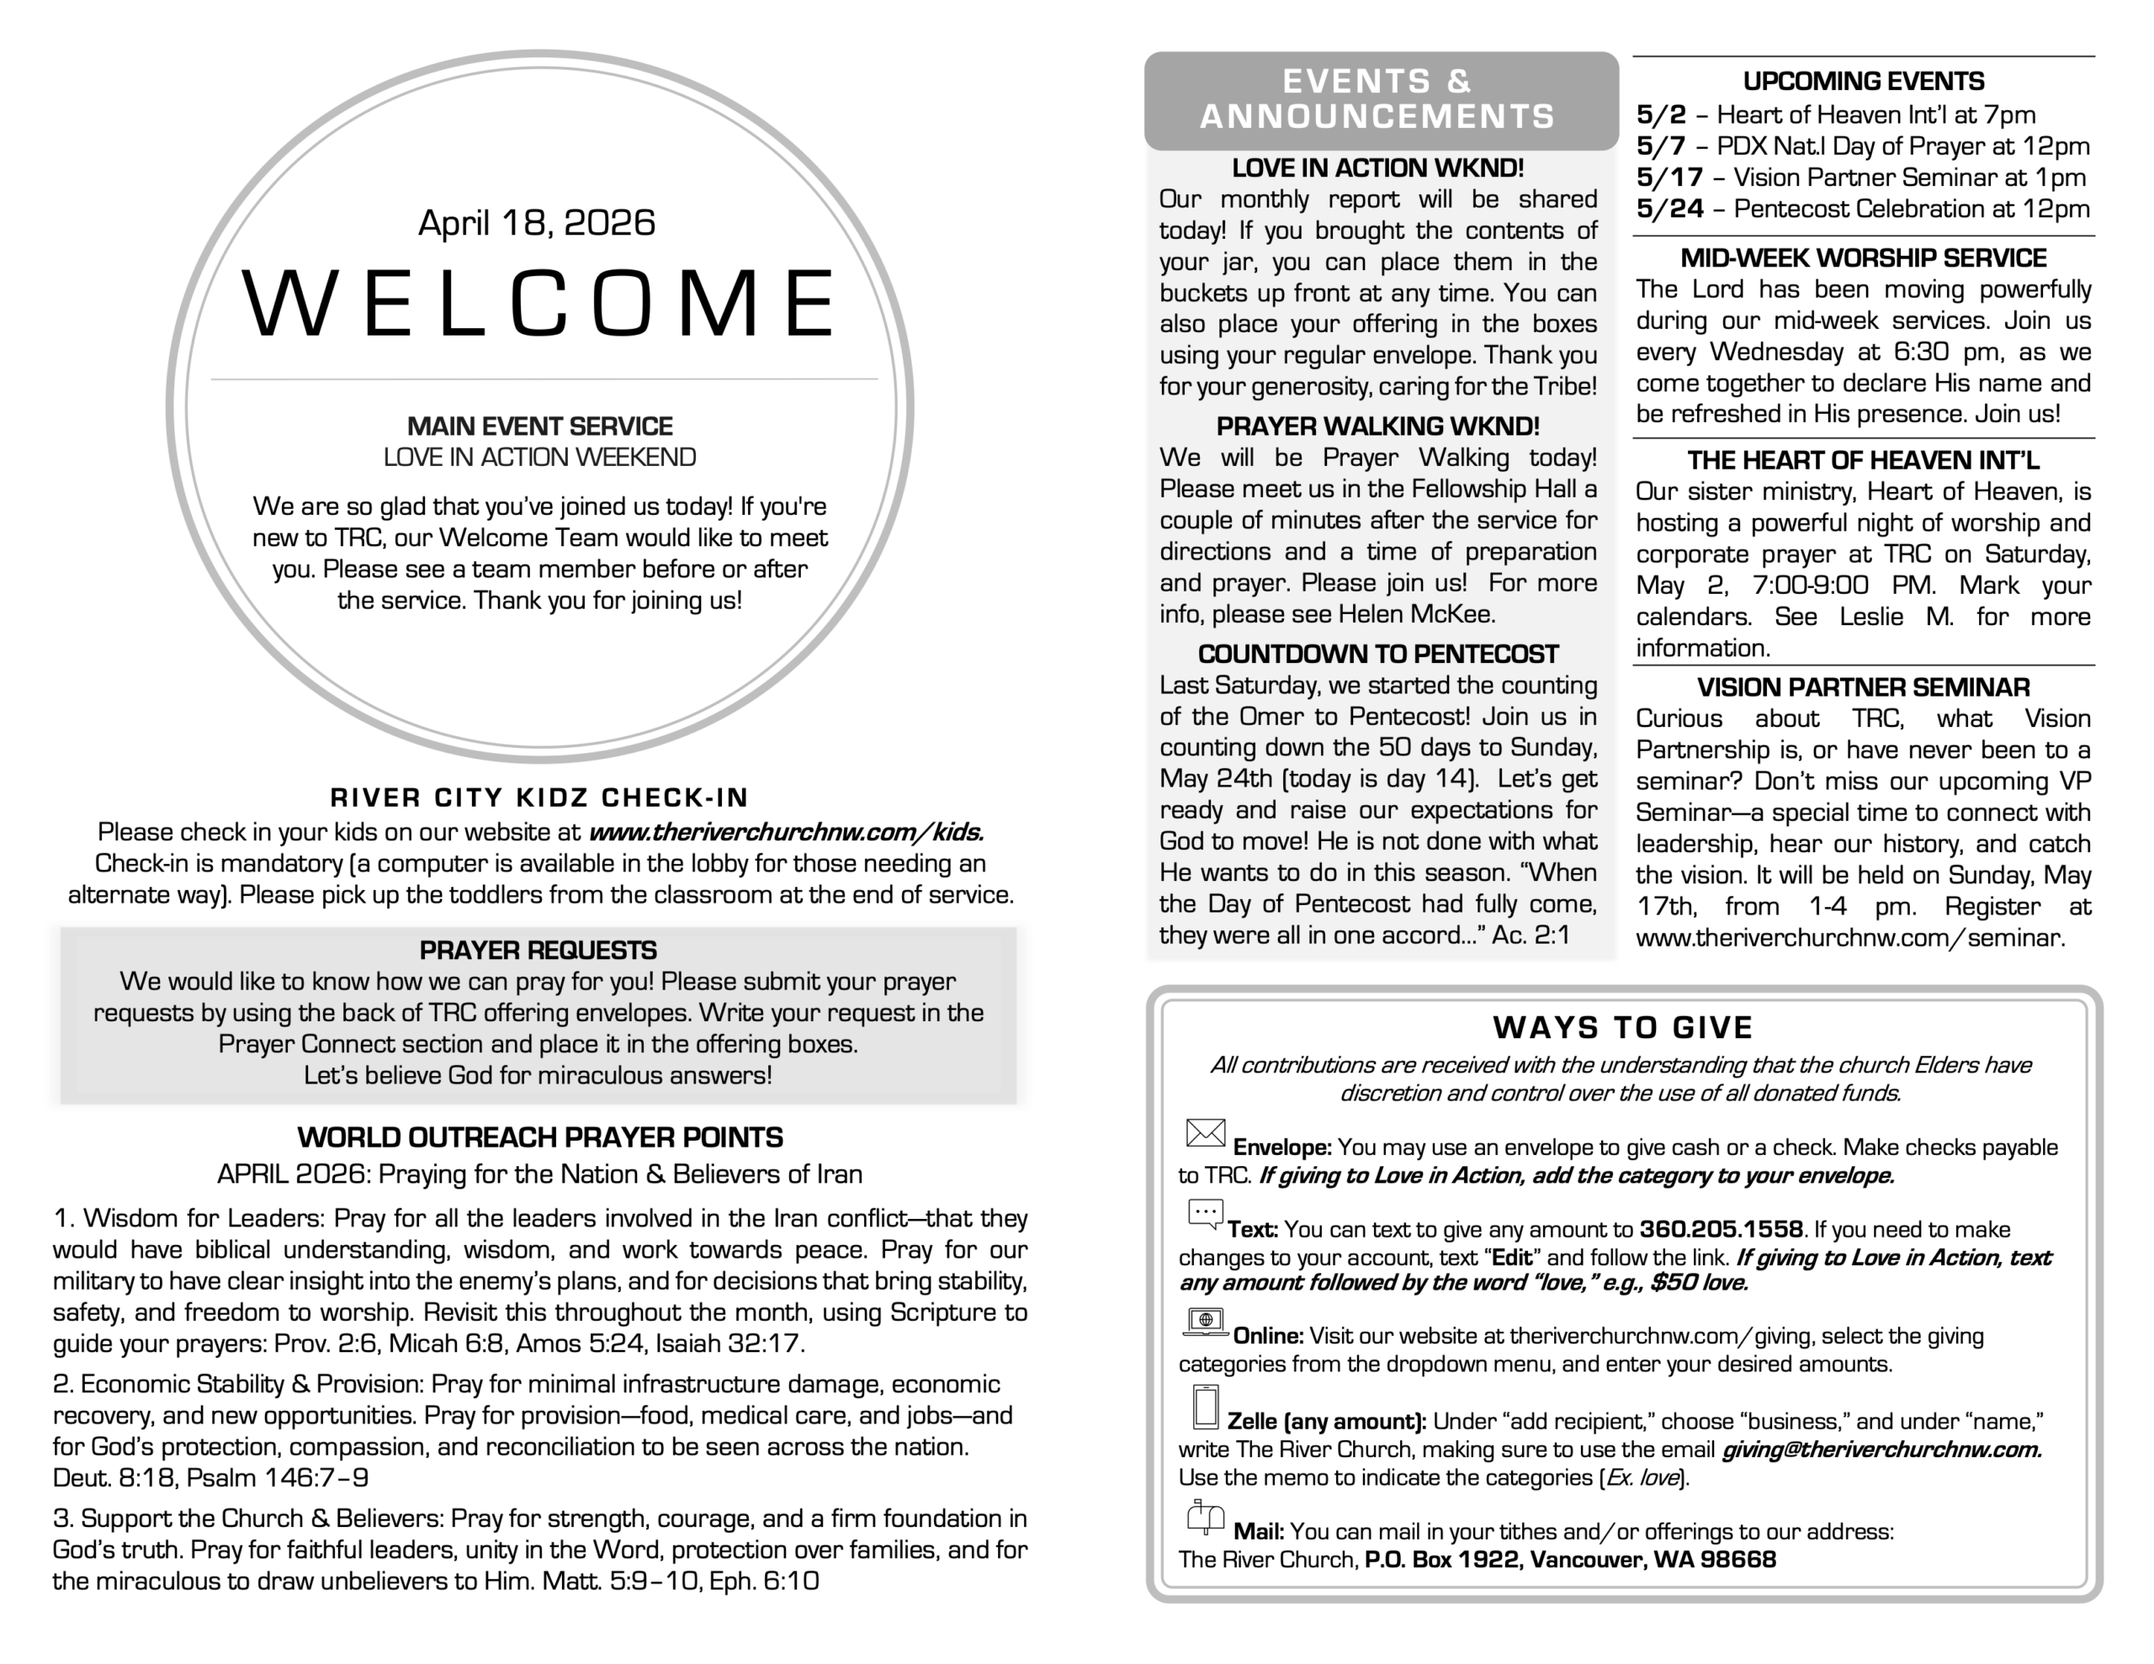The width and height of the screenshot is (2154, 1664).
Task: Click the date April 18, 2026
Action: [x=537, y=223]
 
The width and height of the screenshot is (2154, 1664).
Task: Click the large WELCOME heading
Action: [x=539, y=303]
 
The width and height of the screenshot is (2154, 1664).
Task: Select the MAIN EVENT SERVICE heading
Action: [x=539, y=427]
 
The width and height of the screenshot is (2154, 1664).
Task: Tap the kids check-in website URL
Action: [x=786, y=831]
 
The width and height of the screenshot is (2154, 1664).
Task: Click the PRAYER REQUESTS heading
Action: [x=538, y=950]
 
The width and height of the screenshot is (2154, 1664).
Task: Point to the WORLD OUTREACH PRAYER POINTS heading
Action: [x=539, y=1137]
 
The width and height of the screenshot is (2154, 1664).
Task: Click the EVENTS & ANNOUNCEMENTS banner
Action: [x=1378, y=98]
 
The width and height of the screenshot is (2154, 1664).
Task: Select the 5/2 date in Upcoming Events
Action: [x=1661, y=114]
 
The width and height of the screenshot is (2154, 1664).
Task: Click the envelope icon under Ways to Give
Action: [x=1205, y=1133]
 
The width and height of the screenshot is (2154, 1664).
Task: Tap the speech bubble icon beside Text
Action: [x=1205, y=1214]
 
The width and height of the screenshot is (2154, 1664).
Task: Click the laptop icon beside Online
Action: [x=1205, y=1322]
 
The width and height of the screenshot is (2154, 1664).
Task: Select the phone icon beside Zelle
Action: [x=1205, y=1407]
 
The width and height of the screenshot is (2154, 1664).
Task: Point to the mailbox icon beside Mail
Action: [x=1205, y=1517]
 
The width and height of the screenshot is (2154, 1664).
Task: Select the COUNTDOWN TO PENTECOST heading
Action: [x=1378, y=654]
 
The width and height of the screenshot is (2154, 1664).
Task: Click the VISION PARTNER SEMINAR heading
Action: [x=1863, y=687]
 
